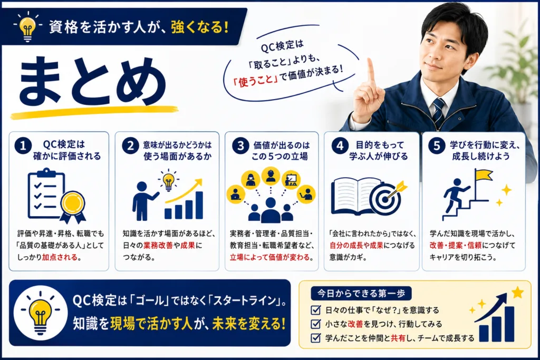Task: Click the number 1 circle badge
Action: tap(23, 146)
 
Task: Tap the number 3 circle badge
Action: tap(240, 146)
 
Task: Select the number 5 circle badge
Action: tap(437, 145)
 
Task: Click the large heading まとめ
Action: tap(92, 81)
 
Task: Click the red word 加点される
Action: tap(60, 257)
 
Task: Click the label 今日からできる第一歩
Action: tap(361, 294)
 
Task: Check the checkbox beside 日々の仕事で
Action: tap(315, 310)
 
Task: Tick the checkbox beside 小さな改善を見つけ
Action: tap(315, 324)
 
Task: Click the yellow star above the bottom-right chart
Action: tap(517, 293)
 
